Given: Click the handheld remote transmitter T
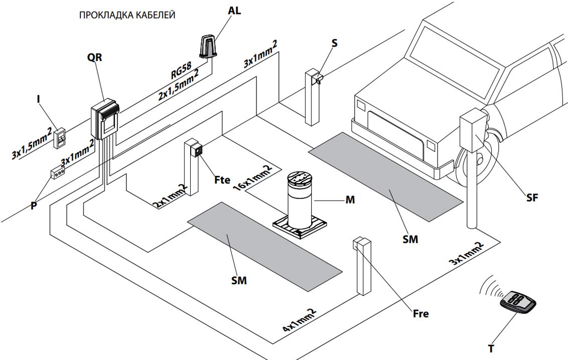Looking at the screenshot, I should pyautogui.click(x=518, y=302).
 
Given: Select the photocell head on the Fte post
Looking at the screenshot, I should pyautogui.click(x=199, y=150).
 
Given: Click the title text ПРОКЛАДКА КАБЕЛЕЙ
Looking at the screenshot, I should pyautogui.click(x=127, y=16).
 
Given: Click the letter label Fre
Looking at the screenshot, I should pyautogui.click(x=420, y=314).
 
